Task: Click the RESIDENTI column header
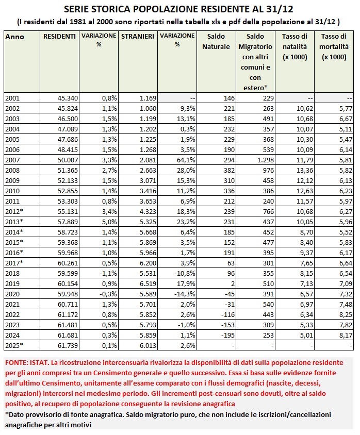point(59,37)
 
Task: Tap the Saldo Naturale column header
point(216,42)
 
